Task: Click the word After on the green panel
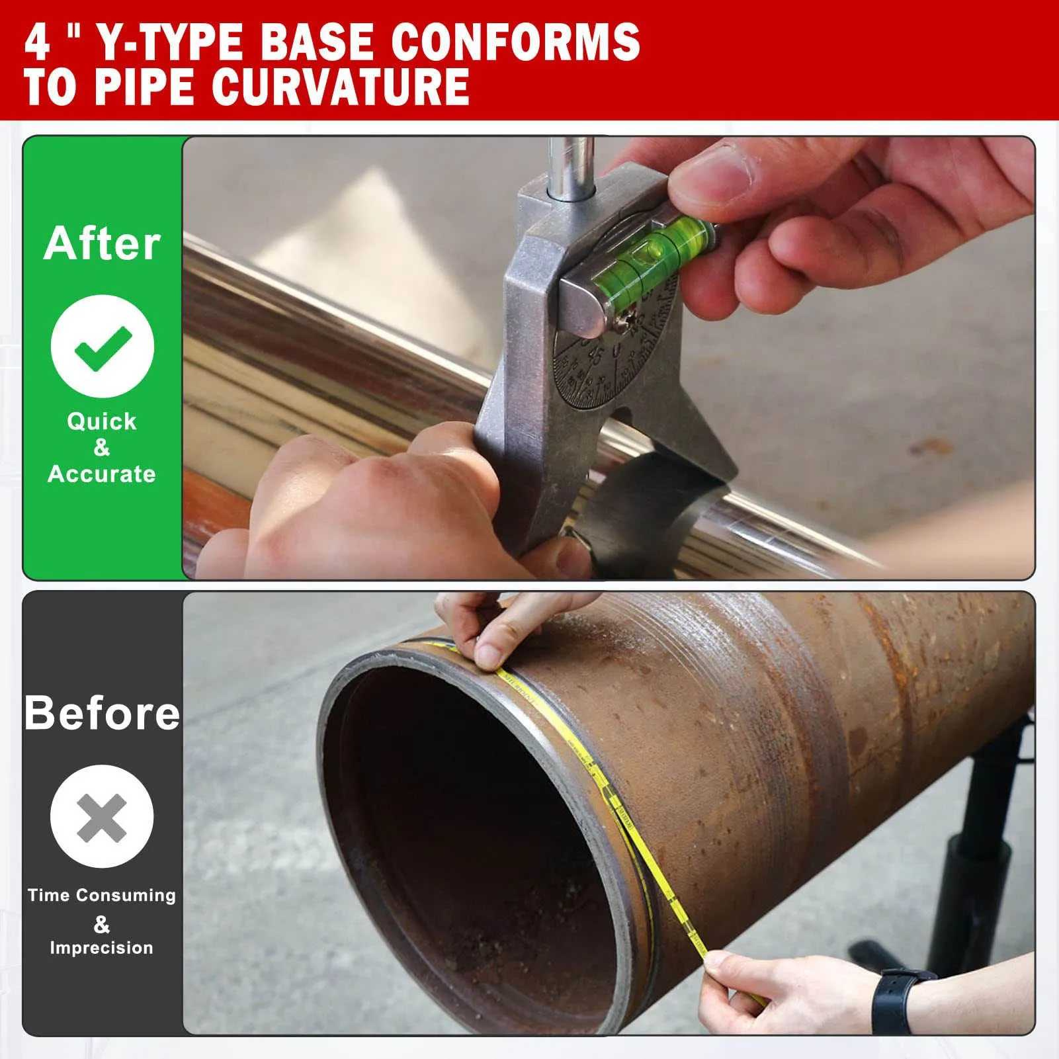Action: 102,243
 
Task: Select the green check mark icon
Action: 103,347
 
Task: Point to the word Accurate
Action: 102,474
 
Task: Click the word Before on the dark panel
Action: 102,713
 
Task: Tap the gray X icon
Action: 102,817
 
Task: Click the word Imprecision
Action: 102,947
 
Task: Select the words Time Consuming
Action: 102,895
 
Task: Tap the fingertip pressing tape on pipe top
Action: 489,655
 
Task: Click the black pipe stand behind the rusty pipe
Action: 979,860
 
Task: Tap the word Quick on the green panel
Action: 102,421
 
